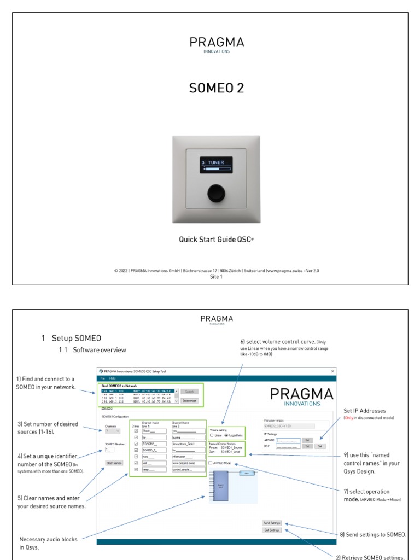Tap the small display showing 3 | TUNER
click(x=216, y=165)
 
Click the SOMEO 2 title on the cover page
click(x=217, y=88)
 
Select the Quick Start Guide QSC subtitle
click(x=217, y=239)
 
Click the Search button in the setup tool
click(x=189, y=392)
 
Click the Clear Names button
click(x=114, y=463)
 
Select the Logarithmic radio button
click(x=226, y=435)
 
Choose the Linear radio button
click(x=212, y=435)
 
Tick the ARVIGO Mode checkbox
click(x=211, y=463)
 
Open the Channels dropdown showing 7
click(x=112, y=431)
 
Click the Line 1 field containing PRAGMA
click(x=155, y=444)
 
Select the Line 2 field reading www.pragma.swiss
click(x=184, y=463)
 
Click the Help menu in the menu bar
click(x=112, y=378)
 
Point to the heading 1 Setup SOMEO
click(x=71, y=338)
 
